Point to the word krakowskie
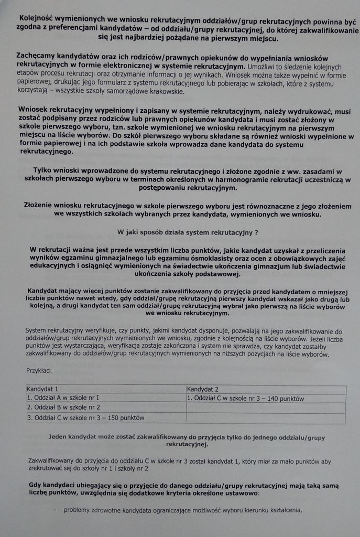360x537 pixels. click(x=166, y=91)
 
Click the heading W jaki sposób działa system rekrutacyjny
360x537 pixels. click(x=187, y=231)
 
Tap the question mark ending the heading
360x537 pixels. click(x=256, y=231)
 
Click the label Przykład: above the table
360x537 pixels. click(x=39, y=371)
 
